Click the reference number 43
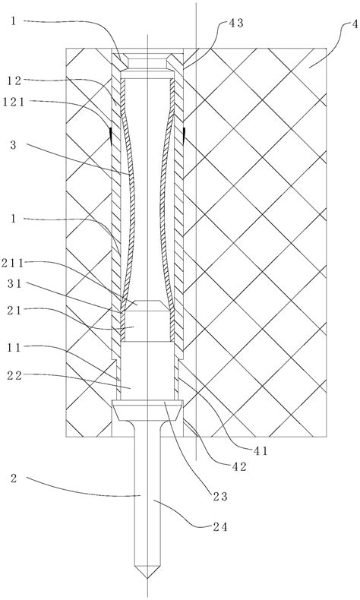click(x=235, y=24)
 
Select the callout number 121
click(x=14, y=103)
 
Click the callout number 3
click(x=14, y=145)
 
